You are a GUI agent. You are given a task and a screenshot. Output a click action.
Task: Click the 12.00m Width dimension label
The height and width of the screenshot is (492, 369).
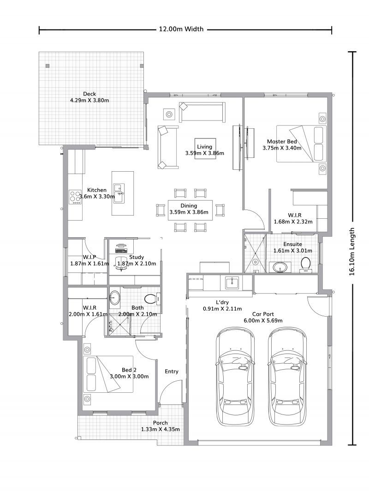pos(181,29)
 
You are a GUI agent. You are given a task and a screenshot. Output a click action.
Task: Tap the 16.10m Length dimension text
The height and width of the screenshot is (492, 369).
pos(352,252)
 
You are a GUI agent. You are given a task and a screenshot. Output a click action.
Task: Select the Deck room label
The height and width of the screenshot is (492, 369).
pos(89,94)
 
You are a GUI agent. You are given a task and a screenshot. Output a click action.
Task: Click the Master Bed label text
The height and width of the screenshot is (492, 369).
pos(281,142)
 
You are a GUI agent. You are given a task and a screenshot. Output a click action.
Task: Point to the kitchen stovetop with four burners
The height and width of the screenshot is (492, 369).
pos(75,197)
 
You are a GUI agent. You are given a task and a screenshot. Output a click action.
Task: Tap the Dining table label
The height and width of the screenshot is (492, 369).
pos(189,206)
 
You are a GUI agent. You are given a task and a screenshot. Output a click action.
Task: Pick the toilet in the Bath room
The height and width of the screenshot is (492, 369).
pos(150,299)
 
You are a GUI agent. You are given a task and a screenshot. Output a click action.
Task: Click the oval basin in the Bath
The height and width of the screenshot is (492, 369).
pos(114,298)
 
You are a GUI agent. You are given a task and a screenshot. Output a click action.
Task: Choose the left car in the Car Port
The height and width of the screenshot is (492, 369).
pos(235,376)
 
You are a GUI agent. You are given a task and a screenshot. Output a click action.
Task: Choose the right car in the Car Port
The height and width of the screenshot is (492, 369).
pos(288,376)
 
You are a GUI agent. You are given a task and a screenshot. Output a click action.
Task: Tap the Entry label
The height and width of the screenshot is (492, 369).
pos(172,372)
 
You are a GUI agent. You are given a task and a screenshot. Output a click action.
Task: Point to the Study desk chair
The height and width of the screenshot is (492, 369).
pos(121,262)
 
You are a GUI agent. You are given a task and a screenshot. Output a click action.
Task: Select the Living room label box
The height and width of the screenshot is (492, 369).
pos(204,149)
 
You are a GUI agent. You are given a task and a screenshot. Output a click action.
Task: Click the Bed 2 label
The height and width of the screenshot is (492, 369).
pos(129,370)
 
